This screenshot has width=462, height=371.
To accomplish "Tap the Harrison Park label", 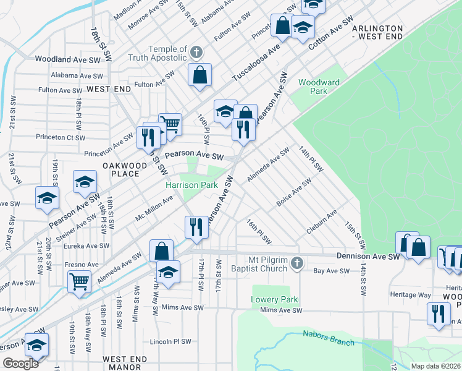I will coord(191,185).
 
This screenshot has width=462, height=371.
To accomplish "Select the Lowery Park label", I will coord(274,300).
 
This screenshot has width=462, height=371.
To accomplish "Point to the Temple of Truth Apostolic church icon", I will coord(196,52).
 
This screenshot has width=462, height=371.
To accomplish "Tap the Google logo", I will coord(20,364).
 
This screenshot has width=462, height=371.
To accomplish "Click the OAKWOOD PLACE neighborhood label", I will coord(125,169).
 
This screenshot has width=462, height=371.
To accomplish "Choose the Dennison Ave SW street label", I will coord(369,255).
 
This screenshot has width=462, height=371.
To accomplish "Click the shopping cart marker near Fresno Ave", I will coord(80,281).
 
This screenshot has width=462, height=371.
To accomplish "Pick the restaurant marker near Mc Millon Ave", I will coord(196,226).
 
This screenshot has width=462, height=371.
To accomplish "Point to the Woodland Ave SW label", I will coord(68,59).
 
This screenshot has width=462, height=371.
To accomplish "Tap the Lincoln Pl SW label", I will coord(170,341).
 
